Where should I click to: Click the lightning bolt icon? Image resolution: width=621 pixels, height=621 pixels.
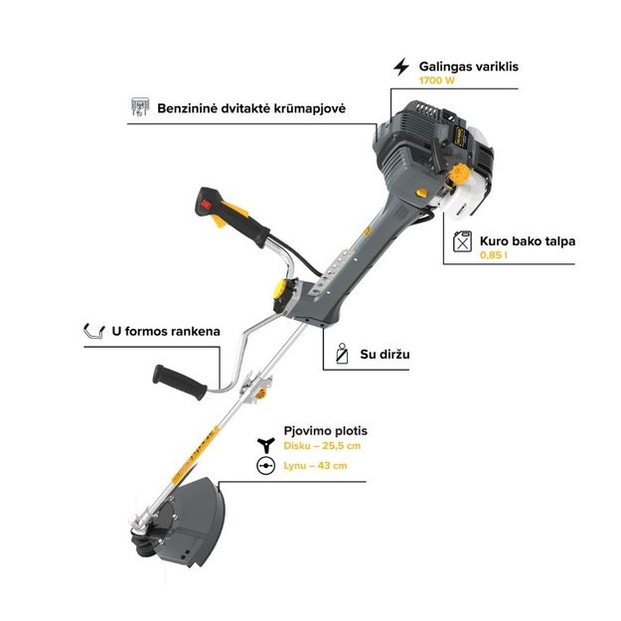point(401,67)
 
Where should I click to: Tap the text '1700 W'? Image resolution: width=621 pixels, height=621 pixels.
point(437,80)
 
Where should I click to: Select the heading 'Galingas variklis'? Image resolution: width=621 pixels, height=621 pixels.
point(469,67)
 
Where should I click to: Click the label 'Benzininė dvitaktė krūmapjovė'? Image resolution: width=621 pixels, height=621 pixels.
point(251,108)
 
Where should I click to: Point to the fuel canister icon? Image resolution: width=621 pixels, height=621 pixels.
point(462,241)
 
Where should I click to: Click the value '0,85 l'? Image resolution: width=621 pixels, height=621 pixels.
point(493,255)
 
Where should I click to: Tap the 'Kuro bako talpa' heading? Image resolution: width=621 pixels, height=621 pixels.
point(528,241)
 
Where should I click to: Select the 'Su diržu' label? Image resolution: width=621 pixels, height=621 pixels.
point(385,354)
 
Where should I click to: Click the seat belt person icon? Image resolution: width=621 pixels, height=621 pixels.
point(342,354)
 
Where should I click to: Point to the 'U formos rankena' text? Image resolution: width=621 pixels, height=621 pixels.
point(166,331)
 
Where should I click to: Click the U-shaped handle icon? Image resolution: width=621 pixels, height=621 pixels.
point(93,331)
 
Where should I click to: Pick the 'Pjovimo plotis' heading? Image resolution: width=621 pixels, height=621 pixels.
point(326,431)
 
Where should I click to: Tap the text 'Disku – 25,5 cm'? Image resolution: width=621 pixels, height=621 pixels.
point(322,445)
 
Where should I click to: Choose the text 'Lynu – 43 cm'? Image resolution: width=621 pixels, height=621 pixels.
point(315,465)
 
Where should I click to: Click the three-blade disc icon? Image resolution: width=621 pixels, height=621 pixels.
point(265,445)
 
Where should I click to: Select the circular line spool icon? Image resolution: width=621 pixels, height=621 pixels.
point(265,466)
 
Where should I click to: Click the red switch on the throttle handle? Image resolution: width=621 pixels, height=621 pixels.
point(207,205)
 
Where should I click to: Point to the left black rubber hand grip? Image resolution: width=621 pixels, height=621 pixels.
point(180,383)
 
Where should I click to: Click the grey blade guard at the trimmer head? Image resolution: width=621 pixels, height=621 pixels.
point(194,523)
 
